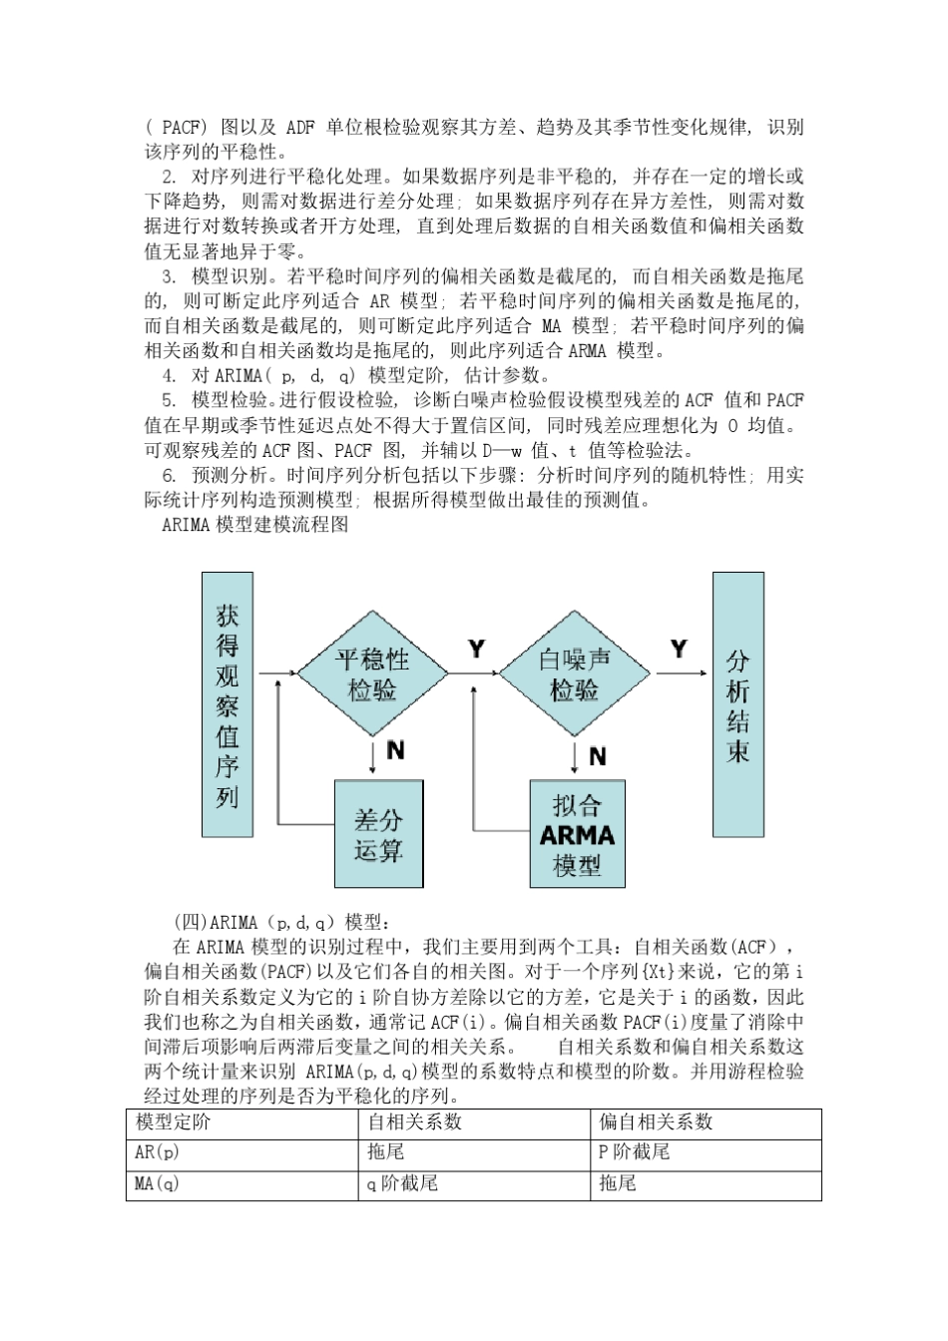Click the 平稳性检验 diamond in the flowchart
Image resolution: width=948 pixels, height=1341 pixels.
(x=373, y=673)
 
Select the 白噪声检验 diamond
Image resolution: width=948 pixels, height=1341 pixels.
(x=575, y=673)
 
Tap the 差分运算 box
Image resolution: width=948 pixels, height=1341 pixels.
(x=378, y=834)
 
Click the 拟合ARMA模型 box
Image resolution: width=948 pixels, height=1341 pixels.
(x=577, y=834)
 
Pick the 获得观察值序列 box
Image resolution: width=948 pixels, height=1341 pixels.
(x=228, y=704)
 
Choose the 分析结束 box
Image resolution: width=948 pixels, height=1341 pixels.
(x=737, y=704)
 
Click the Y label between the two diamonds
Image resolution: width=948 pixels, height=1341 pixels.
(x=477, y=650)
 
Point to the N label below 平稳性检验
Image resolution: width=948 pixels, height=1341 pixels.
(x=395, y=750)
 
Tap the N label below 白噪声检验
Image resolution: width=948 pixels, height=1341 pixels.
(x=598, y=756)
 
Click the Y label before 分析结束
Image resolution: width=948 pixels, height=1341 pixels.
(x=679, y=650)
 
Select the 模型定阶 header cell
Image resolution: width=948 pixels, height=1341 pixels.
(x=174, y=1122)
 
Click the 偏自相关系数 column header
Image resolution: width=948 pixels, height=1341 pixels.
(x=656, y=1122)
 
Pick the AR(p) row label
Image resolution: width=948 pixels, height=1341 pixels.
(x=158, y=1152)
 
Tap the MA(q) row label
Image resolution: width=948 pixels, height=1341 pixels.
(x=158, y=1184)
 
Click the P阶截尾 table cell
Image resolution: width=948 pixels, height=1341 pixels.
(x=634, y=1152)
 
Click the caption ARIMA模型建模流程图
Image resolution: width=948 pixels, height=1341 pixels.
(x=254, y=525)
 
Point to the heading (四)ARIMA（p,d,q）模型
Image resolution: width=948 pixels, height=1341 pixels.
(x=283, y=922)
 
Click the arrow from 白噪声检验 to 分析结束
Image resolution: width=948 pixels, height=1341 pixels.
(x=681, y=673)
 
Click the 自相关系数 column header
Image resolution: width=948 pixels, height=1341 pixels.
(x=414, y=1122)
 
